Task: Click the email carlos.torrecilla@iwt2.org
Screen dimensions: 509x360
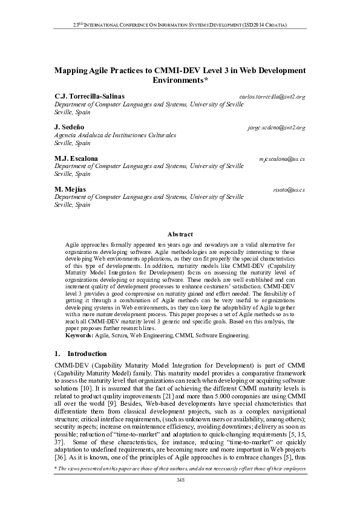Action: pyautogui.click(x=272, y=97)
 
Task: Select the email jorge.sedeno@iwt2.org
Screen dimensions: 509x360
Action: pyautogui.click(x=277, y=128)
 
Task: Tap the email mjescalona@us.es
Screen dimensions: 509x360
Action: pyautogui.click(x=281, y=159)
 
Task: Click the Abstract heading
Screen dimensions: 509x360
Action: pyautogui.click(x=180, y=235)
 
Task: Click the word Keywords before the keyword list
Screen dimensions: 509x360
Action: pyautogui.click(x=79, y=335)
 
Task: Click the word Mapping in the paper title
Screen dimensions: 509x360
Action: pyautogui.click(x=71, y=71)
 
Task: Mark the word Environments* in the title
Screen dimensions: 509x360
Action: pyautogui.click(x=180, y=80)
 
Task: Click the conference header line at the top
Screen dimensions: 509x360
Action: pyautogui.click(x=180, y=25)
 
